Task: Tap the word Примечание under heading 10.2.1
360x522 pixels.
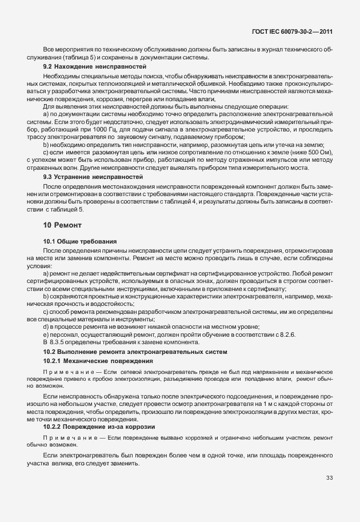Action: (69, 372)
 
